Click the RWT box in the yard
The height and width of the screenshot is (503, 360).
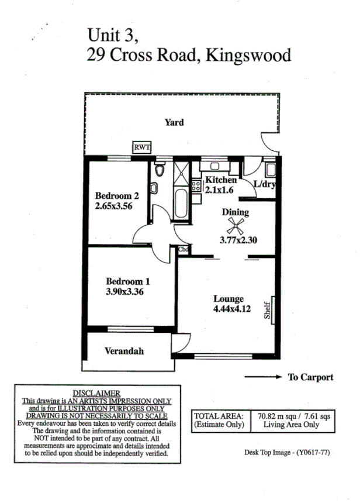(141, 148)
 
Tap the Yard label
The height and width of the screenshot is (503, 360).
(174, 122)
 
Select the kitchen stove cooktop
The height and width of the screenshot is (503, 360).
(196, 187)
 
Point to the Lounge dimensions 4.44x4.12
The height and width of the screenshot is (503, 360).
(232, 309)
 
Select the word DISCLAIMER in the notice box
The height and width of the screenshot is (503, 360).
(96, 393)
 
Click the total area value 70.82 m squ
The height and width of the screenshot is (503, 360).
(277, 416)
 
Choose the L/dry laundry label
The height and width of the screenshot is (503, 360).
(265, 185)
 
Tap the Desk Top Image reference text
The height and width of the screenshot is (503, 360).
(289, 452)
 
